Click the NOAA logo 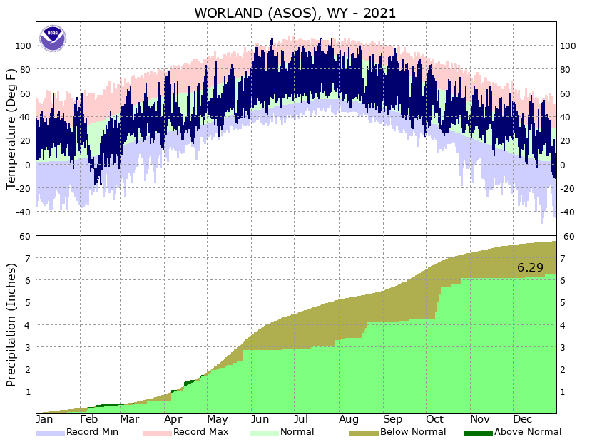(x=53, y=38)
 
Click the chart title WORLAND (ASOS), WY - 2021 (x=295, y=13)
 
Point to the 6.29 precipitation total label (x=531, y=268)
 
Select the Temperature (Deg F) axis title (x=11, y=129)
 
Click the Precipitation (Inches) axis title (x=11, y=324)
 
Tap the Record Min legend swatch (x=50, y=433)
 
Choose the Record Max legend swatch (x=157, y=433)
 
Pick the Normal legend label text (x=297, y=432)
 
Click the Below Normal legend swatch (x=364, y=433)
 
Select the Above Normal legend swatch (x=478, y=433)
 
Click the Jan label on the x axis (x=44, y=420)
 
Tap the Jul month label (x=301, y=420)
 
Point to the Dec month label (x=523, y=420)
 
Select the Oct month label (x=434, y=420)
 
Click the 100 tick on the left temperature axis (x=23, y=46)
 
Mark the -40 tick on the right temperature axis (x=568, y=212)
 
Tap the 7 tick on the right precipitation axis (x=563, y=258)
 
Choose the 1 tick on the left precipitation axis (x=29, y=391)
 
